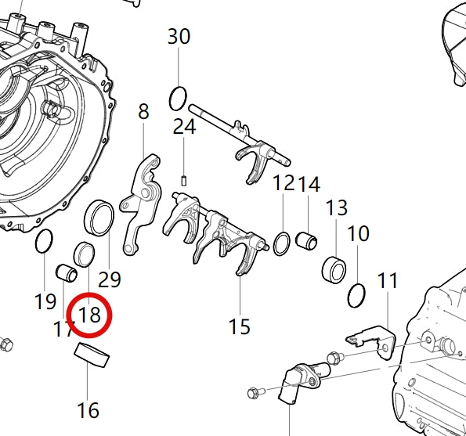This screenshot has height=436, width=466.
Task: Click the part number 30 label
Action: click(179, 36)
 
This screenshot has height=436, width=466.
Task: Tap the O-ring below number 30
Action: click(179, 98)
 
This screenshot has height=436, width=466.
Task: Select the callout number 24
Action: click(184, 127)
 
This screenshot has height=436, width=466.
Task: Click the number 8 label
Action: click(143, 112)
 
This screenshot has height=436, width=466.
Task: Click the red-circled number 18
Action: click(91, 315)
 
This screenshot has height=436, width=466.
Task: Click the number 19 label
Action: click(45, 301)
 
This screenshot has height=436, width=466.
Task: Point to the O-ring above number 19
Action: click(45, 243)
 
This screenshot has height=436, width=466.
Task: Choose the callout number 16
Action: click(88, 409)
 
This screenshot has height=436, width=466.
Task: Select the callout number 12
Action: click(284, 185)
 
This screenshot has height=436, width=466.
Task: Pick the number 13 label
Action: click(337, 208)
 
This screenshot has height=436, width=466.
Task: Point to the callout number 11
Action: click(388, 280)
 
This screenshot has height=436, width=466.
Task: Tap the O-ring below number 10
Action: click(357, 294)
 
